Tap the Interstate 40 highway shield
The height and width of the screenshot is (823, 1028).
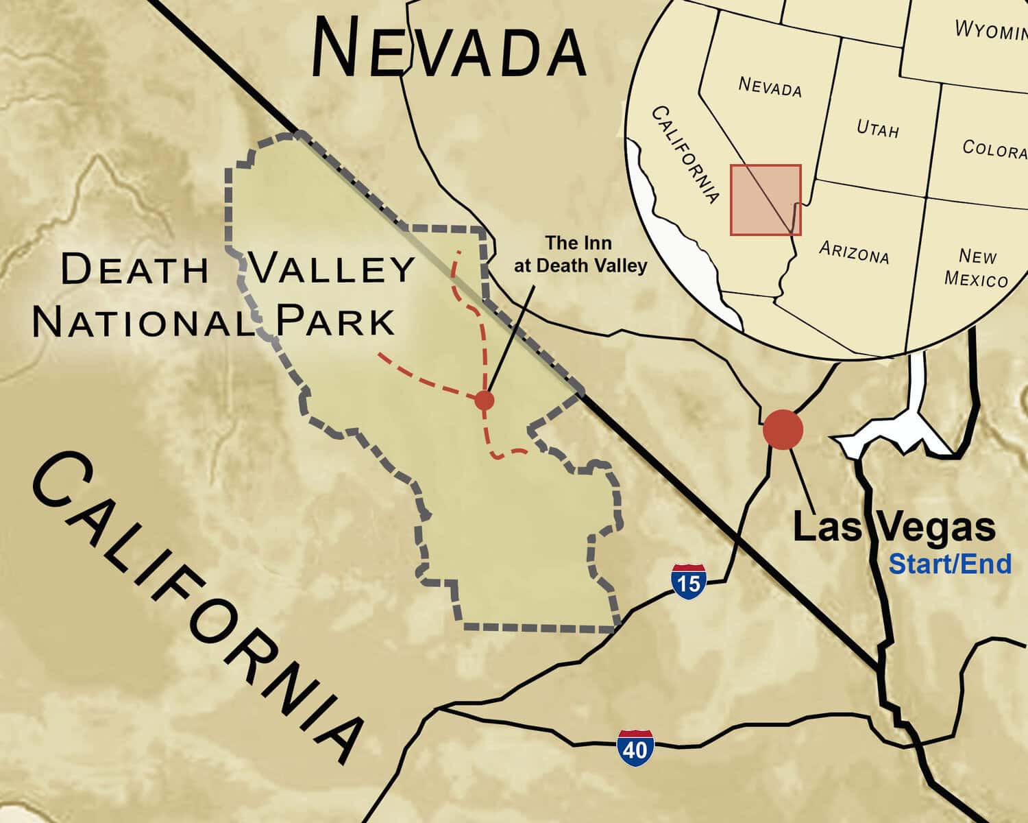tap(635, 748)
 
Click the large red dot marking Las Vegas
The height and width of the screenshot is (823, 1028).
tap(783, 429)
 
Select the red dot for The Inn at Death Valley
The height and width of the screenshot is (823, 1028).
tap(484, 400)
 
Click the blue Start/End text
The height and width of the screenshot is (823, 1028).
tap(950, 564)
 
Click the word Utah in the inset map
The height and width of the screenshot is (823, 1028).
tap(877, 128)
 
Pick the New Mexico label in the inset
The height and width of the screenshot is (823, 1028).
tap(977, 267)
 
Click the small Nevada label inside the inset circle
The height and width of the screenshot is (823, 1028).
tap(770, 86)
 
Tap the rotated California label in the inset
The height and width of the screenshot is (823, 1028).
tap(685, 154)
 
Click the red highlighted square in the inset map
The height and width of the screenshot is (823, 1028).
tap(765, 200)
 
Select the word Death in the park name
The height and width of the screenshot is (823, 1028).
tap(134, 269)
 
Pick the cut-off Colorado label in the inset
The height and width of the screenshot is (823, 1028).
tap(994, 148)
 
